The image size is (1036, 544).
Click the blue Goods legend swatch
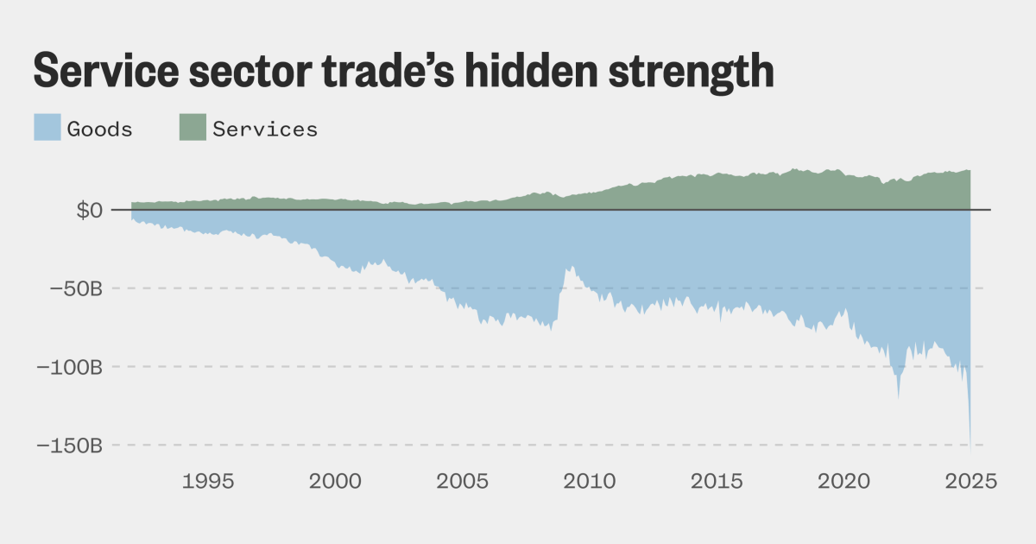(47, 129)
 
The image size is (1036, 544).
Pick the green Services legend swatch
(193, 129)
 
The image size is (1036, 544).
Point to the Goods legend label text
(100, 130)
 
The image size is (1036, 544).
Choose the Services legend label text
(265, 130)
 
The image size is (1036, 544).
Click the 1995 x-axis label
(208, 481)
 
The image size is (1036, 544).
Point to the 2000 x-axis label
(335, 481)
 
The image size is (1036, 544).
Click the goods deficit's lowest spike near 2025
(970, 450)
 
